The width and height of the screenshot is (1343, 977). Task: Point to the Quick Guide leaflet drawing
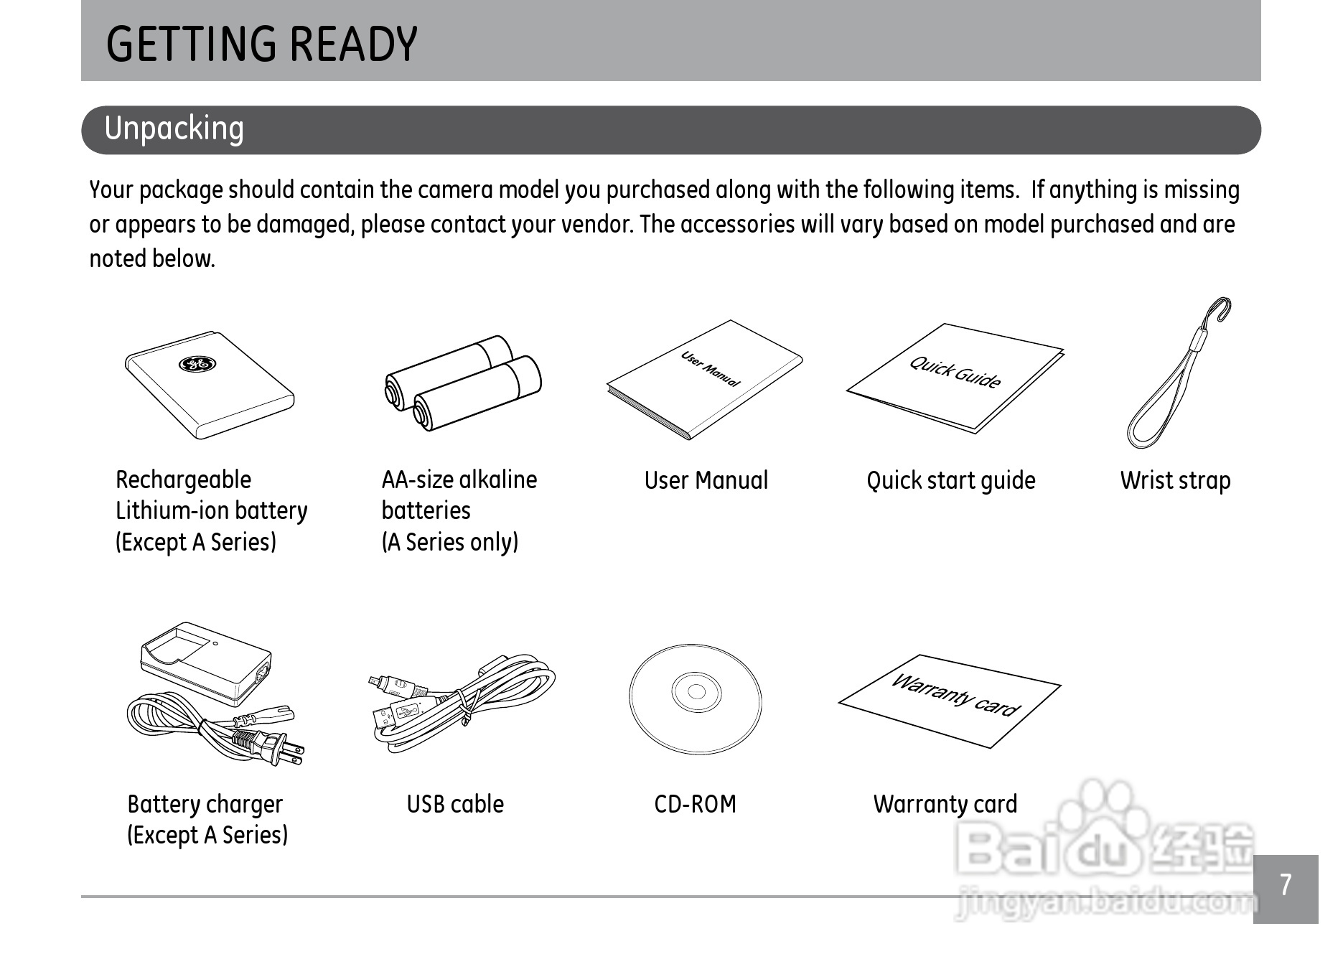click(955, 376)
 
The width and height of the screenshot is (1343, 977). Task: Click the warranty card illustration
click(950, 700)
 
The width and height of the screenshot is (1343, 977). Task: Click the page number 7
click(1286, 885)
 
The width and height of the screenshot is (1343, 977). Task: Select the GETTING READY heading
click(261, 44)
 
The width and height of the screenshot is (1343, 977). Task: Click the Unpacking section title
click(174, 129)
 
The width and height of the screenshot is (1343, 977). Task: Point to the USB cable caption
click(455, 804)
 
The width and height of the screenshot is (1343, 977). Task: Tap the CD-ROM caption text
click(695, 804)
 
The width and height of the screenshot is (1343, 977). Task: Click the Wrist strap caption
click(1175, 480)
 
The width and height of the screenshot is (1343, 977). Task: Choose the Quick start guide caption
click(950, 480)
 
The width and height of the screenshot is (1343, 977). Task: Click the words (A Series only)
click(449, 542)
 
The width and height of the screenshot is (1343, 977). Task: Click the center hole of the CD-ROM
click(696, 692)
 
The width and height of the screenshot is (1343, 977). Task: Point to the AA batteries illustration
click(463, 383)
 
